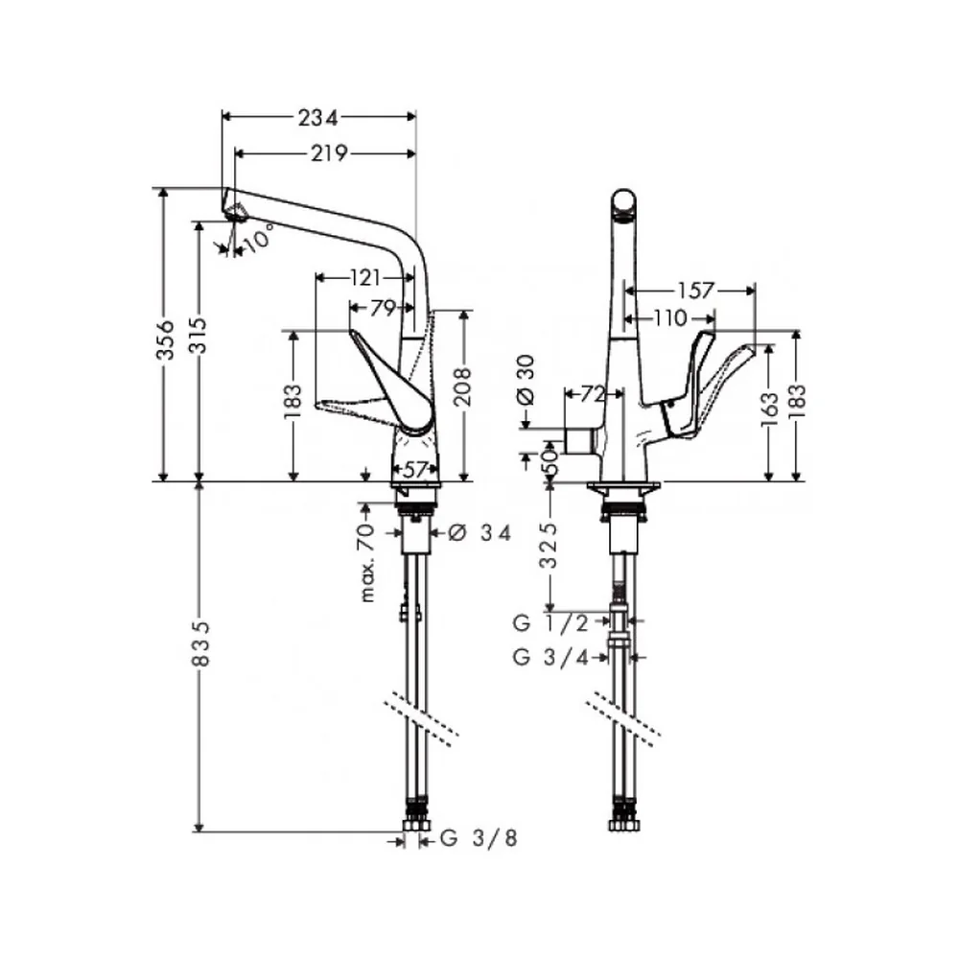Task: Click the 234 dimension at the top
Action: (317, 117)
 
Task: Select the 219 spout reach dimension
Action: (329, 152)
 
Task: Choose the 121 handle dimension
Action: (365, 278)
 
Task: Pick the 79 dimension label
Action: (383, 308)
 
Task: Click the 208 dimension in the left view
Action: (463, 386)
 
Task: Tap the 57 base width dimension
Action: (415, 470)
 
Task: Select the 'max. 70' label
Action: (367, 563)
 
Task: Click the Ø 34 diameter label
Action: (479, 533)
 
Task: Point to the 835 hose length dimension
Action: (201, 643)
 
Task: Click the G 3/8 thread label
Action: (479, 838)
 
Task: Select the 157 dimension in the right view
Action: (696, 291)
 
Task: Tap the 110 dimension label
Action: (670, 318)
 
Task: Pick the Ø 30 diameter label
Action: (526, 381)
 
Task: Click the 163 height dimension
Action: (770, 405)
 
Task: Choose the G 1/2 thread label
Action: (551, 623)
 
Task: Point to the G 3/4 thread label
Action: (551, 657)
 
